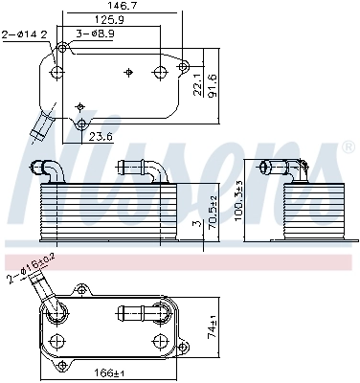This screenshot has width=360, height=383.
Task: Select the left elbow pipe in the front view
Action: [x=50, y=168]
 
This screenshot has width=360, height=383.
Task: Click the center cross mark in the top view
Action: [x=127, y=72]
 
